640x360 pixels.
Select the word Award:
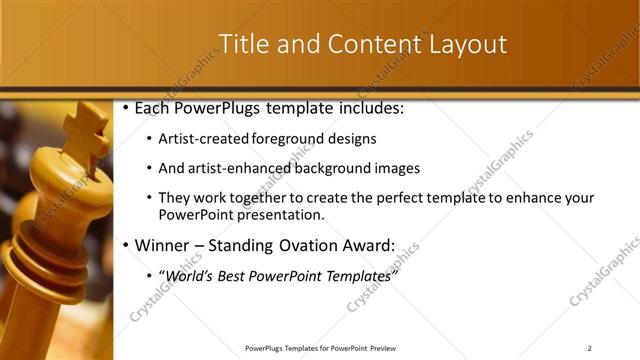click(370, 245)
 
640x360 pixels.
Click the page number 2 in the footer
click(589, 348)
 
